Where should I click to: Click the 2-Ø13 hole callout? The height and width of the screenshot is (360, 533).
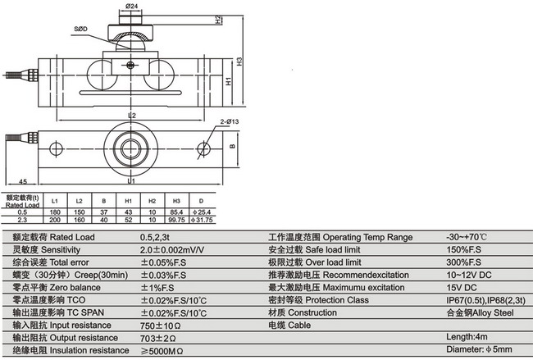pyautogui.click(x=228, y=122)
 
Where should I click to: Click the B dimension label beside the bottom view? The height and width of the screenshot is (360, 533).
pyautogui.click(x=232, y=148)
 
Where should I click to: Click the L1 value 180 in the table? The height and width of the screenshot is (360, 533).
pyautogui.click(x=54, y=212)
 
